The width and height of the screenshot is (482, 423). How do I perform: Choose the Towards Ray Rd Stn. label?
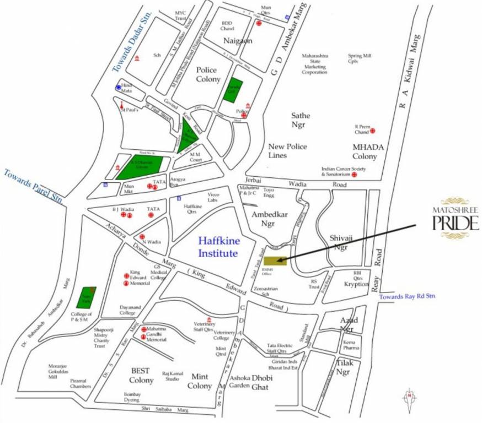407,296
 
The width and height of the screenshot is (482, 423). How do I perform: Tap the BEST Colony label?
141,375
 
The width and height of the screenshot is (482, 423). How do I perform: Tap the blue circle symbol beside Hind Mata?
118,87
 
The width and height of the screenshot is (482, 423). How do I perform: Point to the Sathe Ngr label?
301,120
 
